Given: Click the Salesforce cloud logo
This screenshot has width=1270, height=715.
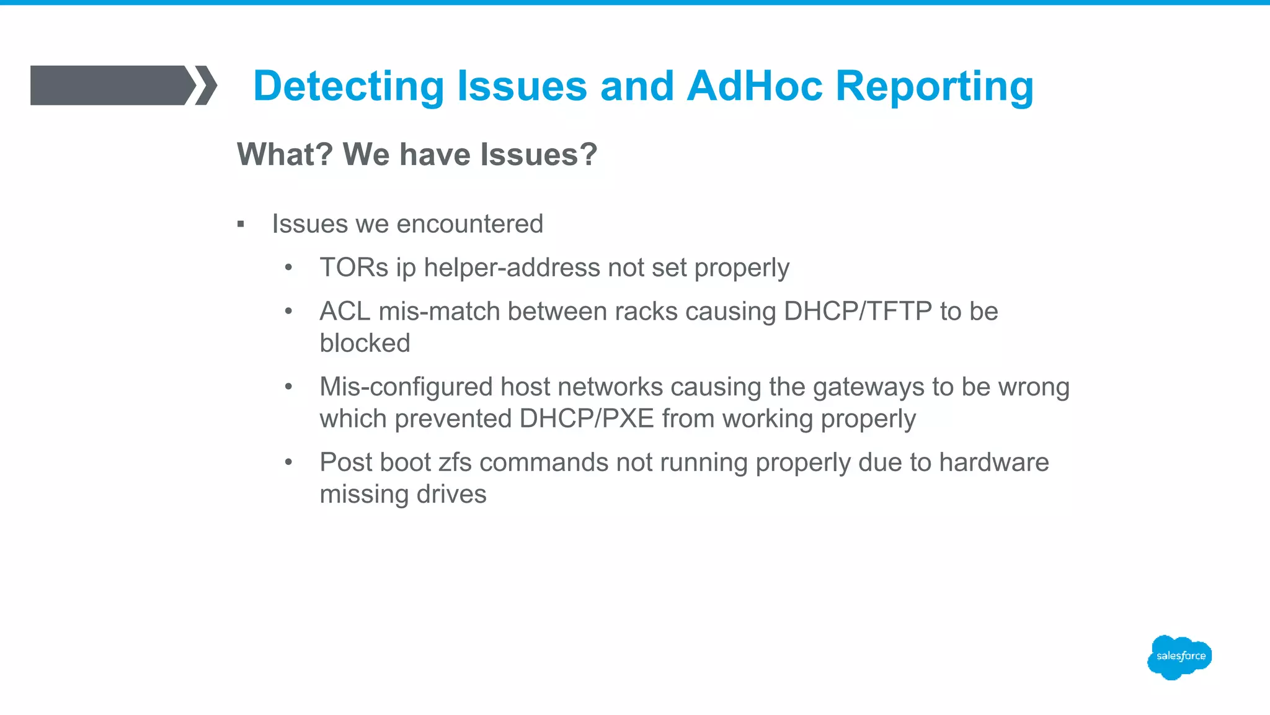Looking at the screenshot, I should (x=1179, y=657).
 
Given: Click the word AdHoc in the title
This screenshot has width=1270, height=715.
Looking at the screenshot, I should (x=754, y=86).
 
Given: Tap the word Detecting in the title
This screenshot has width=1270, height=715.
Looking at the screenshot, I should (x=349, y=87).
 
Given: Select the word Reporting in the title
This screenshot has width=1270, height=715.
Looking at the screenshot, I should (x=935, y=87).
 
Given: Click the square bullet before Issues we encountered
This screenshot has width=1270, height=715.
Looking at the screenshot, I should (x=241, y=225).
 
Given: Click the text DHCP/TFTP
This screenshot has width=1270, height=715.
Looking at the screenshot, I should (x=858, y=311).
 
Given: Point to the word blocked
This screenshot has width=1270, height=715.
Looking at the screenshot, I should (x=365, y=343).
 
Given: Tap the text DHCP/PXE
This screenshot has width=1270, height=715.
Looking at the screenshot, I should (x=587, y=419).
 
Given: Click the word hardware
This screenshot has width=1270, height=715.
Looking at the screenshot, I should (x=993, y=462).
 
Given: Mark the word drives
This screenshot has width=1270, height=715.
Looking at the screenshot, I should (x=451, y=495).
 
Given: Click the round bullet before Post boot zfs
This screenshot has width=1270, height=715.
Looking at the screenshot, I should (x=288, y=462).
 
